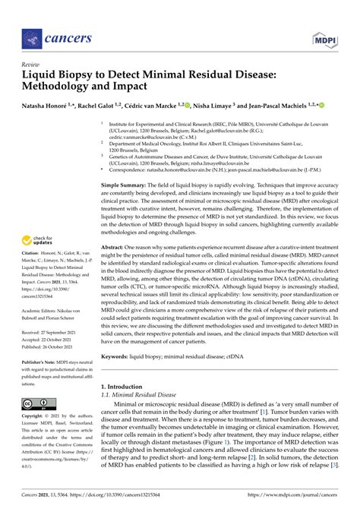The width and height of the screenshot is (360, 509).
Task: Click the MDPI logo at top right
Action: point(325,37)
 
